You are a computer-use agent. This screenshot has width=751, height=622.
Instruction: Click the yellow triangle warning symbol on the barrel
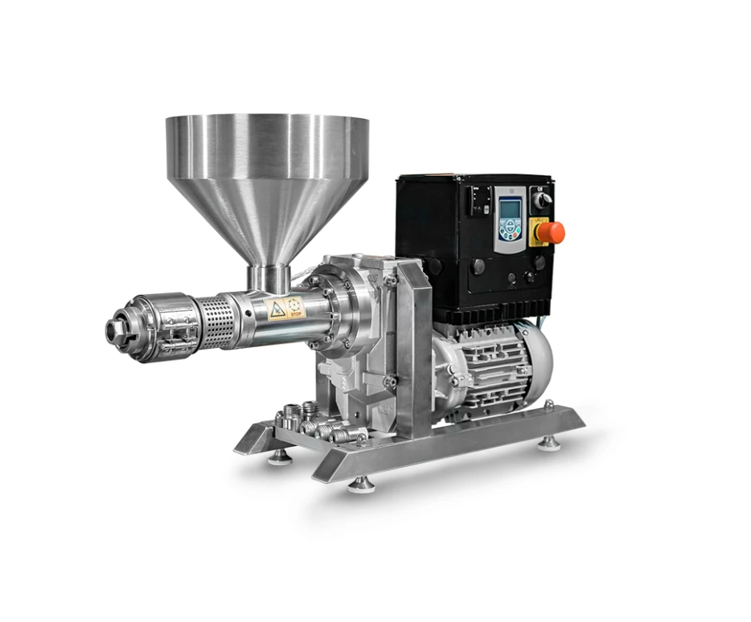277,309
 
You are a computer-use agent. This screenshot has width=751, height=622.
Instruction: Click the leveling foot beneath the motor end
549,441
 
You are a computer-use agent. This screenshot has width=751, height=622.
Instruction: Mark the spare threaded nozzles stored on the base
310,424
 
